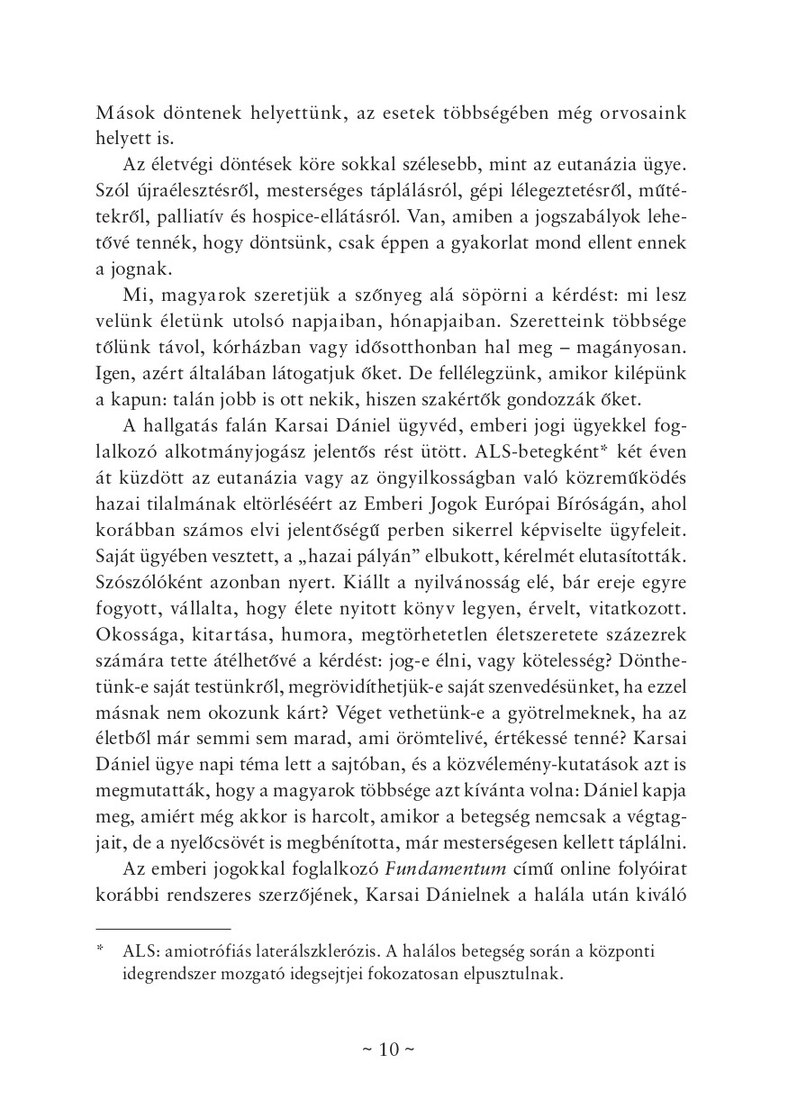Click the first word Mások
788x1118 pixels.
[122, 114]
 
